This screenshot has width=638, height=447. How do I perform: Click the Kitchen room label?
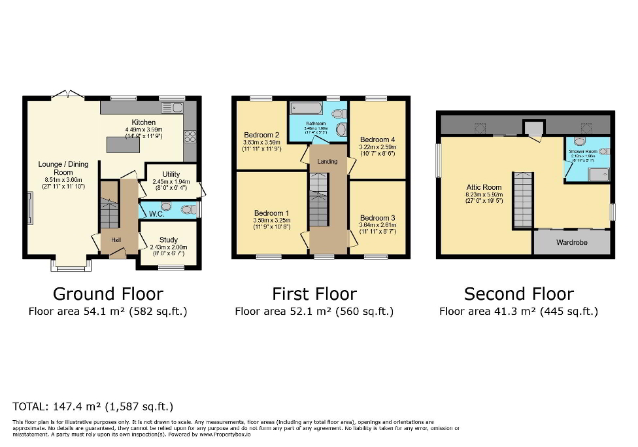(x=144, y=122)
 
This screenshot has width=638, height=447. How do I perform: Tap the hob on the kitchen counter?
(x=190, y=137)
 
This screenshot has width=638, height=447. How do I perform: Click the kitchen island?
(x=122, y=147)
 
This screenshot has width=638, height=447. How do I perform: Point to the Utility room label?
(x=171, y=174)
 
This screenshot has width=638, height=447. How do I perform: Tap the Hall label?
(x=116, y=240)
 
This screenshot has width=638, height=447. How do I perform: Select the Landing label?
(x=327, y=161)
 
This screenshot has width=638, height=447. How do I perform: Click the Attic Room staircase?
(x=523, y=199)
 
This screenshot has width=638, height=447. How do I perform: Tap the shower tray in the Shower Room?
(x=599, y=173)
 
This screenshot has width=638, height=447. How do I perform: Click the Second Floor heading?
(x=518, y=294)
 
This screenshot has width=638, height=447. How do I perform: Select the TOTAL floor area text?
(x=93, y=406)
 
